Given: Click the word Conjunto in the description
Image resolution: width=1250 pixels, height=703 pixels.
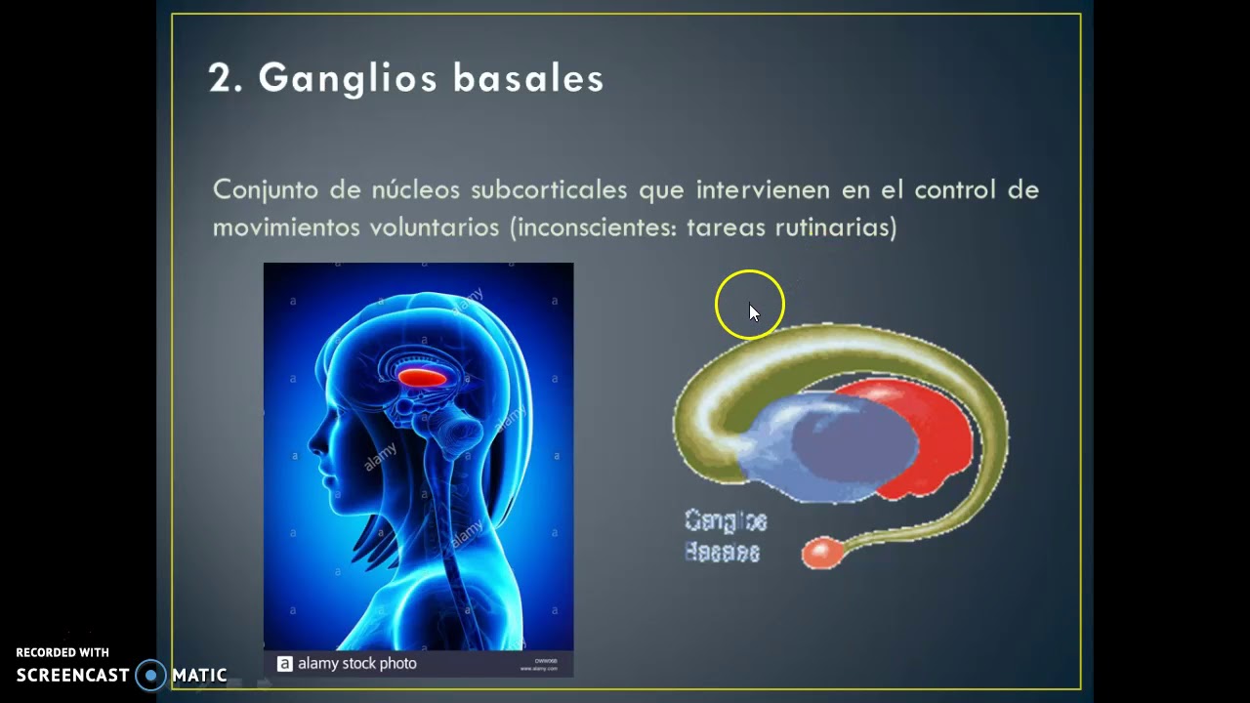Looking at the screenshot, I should [259, 189].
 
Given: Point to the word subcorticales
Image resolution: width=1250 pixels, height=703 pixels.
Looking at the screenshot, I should [551, 189].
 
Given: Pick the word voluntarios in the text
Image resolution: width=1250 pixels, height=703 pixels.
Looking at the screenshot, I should [435, 227].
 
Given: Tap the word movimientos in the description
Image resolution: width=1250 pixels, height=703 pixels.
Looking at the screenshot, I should [286, 227].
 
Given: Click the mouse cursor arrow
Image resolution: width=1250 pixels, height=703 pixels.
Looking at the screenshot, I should [753, 311].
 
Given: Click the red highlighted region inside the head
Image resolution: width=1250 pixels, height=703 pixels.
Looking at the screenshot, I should [422, 376].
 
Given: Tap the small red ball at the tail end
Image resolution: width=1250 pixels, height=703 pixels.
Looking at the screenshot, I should [821, 553].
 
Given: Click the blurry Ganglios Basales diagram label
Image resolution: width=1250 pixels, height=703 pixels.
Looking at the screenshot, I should [725, 536].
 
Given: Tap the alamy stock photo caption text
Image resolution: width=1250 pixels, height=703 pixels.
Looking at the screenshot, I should [356, 664].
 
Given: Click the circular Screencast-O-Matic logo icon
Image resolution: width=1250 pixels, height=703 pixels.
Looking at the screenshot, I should [150, 675].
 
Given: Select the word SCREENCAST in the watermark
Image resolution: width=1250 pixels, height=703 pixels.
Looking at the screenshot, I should [73, 675].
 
